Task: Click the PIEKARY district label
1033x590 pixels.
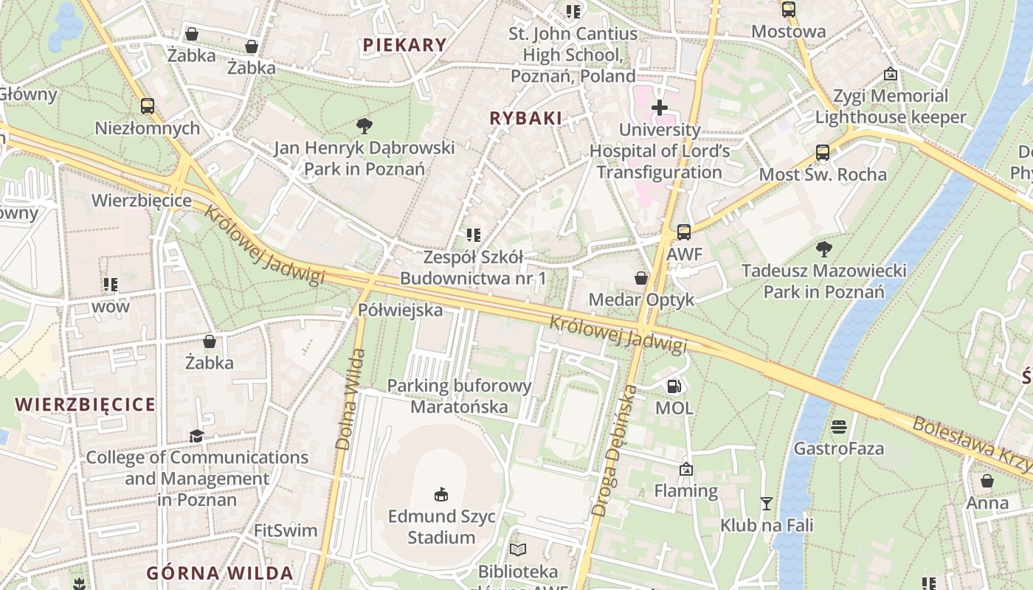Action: pyautogui.click(x=404, y=45)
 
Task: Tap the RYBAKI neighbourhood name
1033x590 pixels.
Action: pyautogui.click(x=525, y=118)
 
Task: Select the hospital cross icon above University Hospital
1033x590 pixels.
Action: pyautogui.click(x=659, y=108)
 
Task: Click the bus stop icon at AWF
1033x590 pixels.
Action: pyautogui.click(x=684, y=232)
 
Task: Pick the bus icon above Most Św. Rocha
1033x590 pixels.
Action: pyautogui.click(x=823, y=153)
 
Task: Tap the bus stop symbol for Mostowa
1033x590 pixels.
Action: pyautogui.click(x=789, y=10)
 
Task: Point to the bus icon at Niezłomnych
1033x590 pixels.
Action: pyautogui.click(x=148, y=106)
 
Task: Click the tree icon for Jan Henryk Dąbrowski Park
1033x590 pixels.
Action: pyautogui.click(x=364, y=125)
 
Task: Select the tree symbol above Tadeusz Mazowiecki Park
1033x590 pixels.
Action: pyautogui.click(x=823, y=249)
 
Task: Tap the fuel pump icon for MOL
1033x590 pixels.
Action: pyautogui.click(x=674, y=386)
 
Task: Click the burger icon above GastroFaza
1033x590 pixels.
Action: pyautogui.click(x=838, y=427)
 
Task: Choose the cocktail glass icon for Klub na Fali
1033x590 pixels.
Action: pyautogui.click(x=767, y=504)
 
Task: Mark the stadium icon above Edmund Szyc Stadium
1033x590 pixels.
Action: pyautogui.click(x=441, y=494)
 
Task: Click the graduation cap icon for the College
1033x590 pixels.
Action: pyautogui.click(x=196, y=436)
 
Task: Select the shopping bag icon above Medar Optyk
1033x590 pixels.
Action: pyautogui.click(x=641, y=278)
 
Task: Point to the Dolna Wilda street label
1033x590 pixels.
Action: pyautogui.click(x=350, y=399)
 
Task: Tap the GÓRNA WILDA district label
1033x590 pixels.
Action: pyautogui.click(x=220, y=573)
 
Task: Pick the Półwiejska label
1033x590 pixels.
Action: pyautogui.click(x=400, y=310)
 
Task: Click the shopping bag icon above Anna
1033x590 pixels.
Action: pyautogui.click(x=987, y=482)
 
